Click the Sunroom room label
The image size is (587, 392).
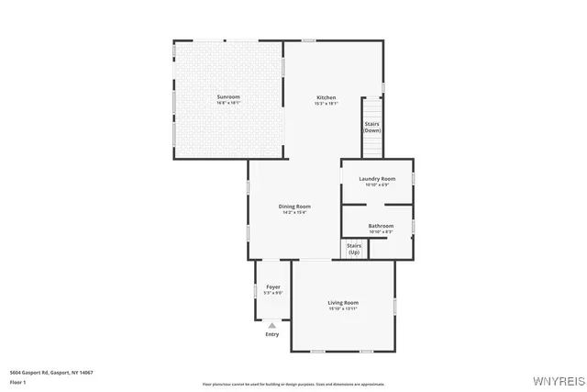228,96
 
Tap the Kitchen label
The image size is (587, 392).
327,97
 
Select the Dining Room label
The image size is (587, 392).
295,207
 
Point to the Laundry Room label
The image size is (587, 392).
377,178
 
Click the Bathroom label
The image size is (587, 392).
381,226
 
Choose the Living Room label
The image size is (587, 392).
343,302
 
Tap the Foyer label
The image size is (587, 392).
273,286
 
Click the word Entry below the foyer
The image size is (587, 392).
272,334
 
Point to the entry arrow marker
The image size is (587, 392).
272,325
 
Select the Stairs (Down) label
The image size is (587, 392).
372,127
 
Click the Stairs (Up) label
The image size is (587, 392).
354,249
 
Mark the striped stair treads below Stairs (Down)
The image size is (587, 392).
372,147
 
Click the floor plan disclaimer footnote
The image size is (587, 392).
293,383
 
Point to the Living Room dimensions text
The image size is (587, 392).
343,308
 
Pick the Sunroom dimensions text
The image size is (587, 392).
228,103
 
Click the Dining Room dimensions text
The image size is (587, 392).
295,213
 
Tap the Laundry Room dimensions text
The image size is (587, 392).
377,185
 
